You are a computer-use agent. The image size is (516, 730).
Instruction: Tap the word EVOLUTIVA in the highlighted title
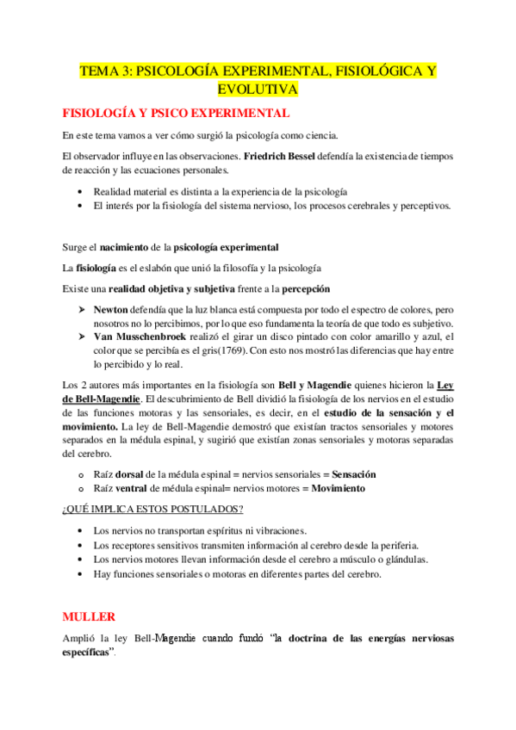[x=258, y=90]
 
